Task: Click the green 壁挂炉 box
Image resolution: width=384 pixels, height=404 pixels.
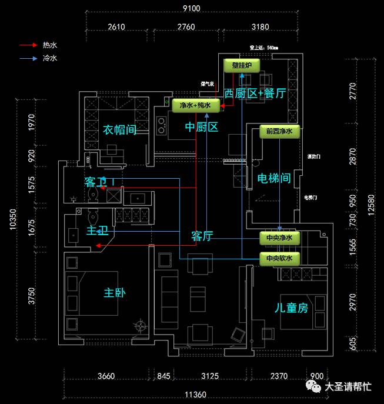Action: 242,65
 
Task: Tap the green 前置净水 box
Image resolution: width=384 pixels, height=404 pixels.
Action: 279,131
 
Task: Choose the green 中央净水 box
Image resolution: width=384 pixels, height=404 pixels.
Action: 279,238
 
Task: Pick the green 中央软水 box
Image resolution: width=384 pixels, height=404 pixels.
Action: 279,258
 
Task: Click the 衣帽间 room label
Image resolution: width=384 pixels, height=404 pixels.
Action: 120,129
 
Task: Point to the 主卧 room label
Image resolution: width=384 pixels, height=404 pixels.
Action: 115,292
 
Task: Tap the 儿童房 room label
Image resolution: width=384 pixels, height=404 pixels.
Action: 292,308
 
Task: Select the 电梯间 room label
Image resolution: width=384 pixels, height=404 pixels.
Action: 274,178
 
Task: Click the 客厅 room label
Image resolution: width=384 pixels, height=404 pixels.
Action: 202,236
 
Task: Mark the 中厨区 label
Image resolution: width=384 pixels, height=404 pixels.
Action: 202,127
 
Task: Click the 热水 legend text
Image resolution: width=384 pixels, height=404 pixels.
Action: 49,45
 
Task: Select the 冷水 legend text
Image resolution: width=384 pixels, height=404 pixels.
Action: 49,58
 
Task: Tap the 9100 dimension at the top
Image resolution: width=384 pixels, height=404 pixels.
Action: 192,8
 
